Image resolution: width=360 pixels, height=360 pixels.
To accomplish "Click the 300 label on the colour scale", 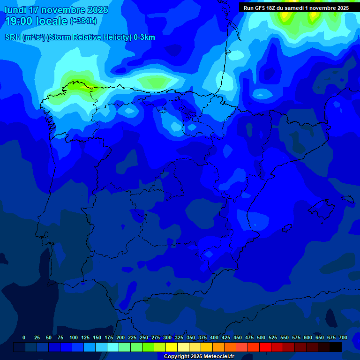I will coord(167,337).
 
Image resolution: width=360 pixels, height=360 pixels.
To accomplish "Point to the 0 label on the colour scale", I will coord(24,337).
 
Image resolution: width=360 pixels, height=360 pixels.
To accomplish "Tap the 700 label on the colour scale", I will coord(343,337).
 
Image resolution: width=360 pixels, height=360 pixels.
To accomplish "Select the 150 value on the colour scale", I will coord(97,337).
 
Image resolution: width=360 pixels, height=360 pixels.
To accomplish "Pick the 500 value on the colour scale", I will coord(261,337).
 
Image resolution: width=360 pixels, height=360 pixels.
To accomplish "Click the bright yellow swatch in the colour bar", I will coord(172,347).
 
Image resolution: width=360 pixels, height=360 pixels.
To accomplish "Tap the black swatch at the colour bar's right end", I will coord(336,347).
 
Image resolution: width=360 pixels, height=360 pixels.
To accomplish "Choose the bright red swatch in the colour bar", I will coord(265,347).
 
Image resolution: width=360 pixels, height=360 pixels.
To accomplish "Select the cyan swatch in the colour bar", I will coord(113,347).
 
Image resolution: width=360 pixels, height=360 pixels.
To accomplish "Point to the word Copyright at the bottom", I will coord(177,357).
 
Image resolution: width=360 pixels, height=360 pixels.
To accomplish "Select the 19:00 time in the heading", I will coord(18,21).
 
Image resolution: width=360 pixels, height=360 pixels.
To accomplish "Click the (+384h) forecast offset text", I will coord(83,21).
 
